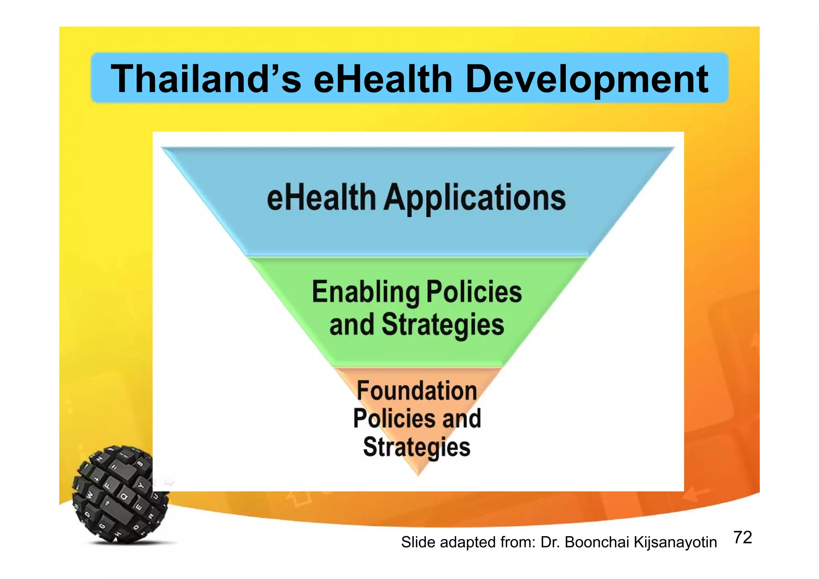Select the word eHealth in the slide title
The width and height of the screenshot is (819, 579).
[383, 79]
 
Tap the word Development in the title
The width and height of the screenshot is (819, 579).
[587, 79]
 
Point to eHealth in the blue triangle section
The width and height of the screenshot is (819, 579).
[321, 198]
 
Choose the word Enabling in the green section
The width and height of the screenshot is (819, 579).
[366, 292]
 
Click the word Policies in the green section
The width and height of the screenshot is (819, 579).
[474, 292]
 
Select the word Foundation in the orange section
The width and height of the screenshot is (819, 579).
[417, 391]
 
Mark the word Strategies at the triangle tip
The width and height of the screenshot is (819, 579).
[417, 447]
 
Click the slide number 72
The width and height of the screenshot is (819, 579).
[743, 538]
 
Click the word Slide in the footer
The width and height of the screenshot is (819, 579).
[419, 542]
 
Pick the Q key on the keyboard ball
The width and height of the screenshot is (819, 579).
[124, 497]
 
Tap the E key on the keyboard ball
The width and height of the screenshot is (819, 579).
[139, 507]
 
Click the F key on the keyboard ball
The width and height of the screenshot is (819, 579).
[107, 485]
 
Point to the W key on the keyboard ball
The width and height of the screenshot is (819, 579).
[90, 495]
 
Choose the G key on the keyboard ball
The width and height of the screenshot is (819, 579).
[102, 526]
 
